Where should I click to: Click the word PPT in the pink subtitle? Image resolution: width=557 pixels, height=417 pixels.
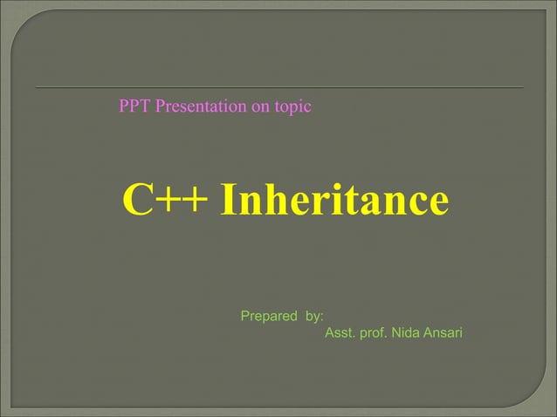134,107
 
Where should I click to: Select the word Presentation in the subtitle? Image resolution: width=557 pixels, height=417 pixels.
197,107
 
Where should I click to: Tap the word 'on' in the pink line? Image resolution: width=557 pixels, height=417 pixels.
260,107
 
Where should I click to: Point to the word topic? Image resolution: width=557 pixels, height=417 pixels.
293,107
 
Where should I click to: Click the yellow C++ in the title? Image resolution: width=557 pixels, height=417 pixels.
165,201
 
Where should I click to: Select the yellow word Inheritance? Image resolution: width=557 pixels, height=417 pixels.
335,201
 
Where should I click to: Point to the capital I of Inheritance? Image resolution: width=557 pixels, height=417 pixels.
230,201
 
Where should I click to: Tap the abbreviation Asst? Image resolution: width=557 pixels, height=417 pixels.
339,333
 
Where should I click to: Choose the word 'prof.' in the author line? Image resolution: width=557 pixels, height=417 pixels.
373,333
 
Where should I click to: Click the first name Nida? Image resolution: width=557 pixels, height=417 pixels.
406,333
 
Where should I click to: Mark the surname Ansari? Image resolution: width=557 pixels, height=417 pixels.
443,333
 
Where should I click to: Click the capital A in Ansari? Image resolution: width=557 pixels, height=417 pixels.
427,333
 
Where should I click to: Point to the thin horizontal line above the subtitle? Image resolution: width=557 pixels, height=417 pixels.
279,88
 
